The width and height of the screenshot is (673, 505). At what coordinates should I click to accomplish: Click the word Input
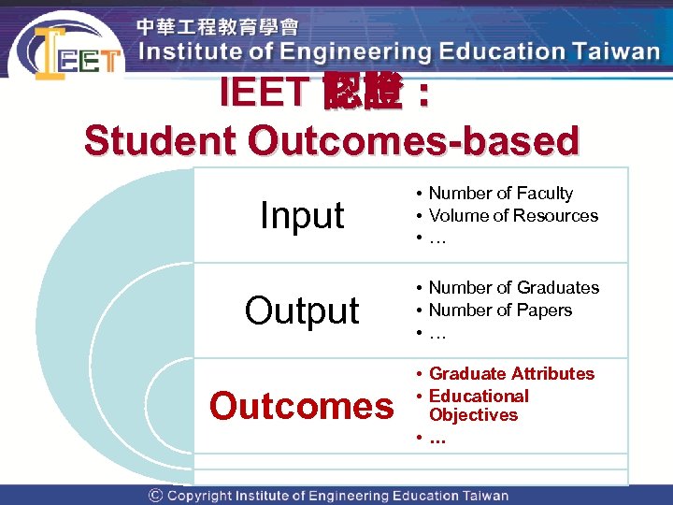tap(302, 216)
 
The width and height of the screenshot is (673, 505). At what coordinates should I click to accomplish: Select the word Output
tap(302, 310)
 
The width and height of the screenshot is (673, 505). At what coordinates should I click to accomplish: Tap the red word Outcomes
tap(302, 406)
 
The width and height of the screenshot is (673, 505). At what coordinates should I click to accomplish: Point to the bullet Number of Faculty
tap(500, 194)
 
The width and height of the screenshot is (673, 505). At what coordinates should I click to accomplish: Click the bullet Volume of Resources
tap(513, 216)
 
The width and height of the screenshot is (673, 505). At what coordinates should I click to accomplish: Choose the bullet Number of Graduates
tap(513, 288)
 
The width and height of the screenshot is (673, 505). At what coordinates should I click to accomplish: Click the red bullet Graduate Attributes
tap(511, 374)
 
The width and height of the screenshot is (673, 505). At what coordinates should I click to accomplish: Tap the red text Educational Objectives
tap(478, 405)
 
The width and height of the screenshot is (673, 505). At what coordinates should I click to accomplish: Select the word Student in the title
tap(160, 141)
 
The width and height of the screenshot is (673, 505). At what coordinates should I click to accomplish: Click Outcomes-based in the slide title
tap(413, 141)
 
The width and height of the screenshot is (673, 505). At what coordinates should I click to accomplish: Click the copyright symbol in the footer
tap(155, 496)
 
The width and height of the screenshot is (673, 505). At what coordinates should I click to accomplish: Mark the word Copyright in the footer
tap(199, 496)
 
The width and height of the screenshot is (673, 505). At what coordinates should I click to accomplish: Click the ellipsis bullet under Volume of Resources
tap(437, 238)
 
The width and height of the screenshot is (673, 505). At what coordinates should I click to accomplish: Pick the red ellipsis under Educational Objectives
tap(437, 438)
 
